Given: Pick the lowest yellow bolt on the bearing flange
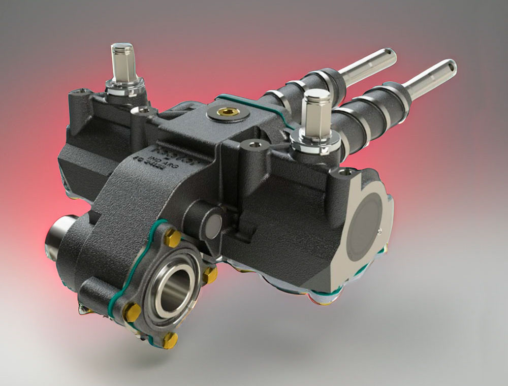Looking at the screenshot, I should coord(171,338).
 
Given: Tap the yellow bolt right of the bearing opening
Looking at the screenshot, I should coord(210,274).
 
